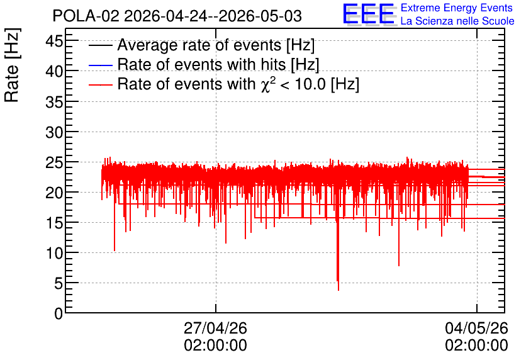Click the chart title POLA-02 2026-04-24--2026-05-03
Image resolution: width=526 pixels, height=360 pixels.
[177, 16]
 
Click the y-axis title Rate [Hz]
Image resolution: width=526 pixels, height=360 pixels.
[12, 65]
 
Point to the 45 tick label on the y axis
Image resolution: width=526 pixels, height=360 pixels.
[54, 42]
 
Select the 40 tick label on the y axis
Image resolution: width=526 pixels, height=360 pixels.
[54, 72]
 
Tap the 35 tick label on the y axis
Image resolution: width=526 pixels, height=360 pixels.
[54, 102]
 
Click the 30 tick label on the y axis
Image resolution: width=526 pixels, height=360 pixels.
[54, 133]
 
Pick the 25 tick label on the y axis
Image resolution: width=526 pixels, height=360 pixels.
[54, 163]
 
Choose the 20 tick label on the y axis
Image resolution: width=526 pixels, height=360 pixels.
[54, 193]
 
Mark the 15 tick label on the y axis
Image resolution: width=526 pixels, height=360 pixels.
[54, 223]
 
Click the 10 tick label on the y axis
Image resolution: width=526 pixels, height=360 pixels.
[54, 253]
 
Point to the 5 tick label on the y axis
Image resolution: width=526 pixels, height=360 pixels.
[59, 284]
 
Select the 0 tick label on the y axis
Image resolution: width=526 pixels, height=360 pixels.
[59, 314]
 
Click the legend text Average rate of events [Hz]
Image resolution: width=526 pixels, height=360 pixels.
[216, 45]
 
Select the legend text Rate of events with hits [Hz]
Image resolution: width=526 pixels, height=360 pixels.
[218, 64]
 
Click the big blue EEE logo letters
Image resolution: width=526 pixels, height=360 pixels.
[369, 14]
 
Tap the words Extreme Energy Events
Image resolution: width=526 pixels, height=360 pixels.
[457, 8]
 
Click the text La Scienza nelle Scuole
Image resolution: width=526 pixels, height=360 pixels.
[457, 21]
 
